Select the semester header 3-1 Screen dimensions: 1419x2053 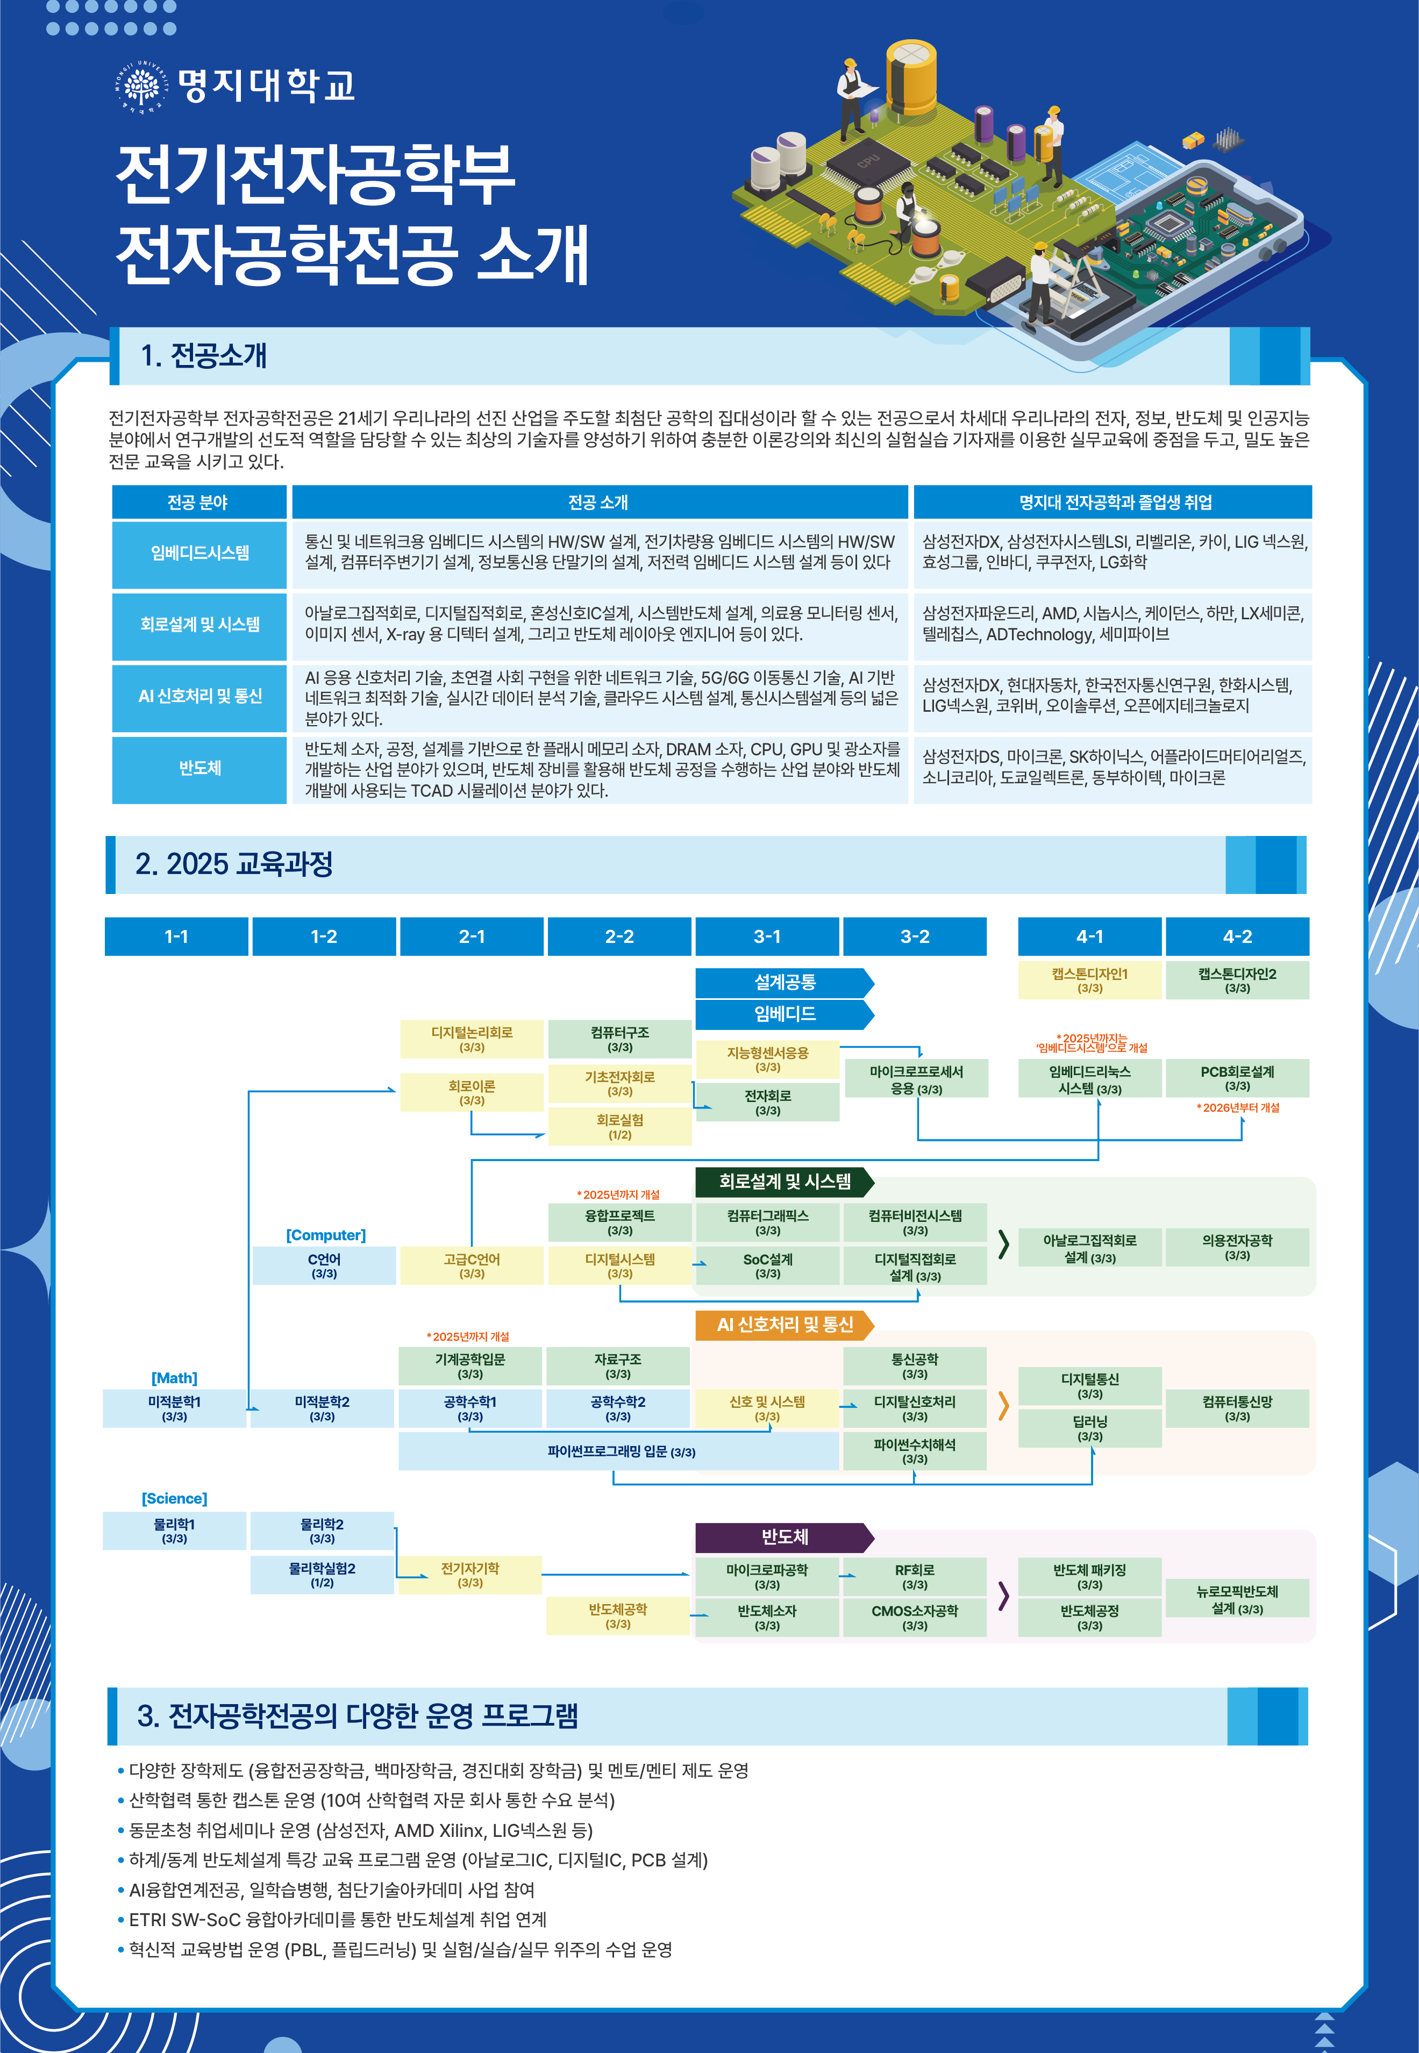point(766,936)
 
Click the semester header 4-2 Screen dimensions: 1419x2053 point(1237,936)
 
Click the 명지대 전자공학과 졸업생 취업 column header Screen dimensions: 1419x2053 point(1113,502)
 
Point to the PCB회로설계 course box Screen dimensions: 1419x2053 point(1237,1078)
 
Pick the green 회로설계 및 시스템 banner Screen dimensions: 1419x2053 point(784,1181)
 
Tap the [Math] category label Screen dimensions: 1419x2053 point(174,1378)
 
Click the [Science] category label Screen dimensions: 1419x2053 point(174,1498)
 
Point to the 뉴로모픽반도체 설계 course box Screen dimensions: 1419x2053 point(1237,1599)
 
